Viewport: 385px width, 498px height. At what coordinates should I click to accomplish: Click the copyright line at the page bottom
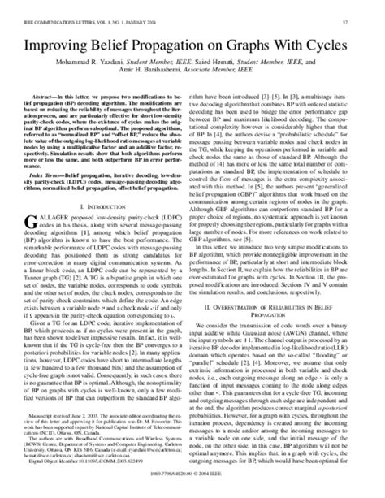tap(192, 490)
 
